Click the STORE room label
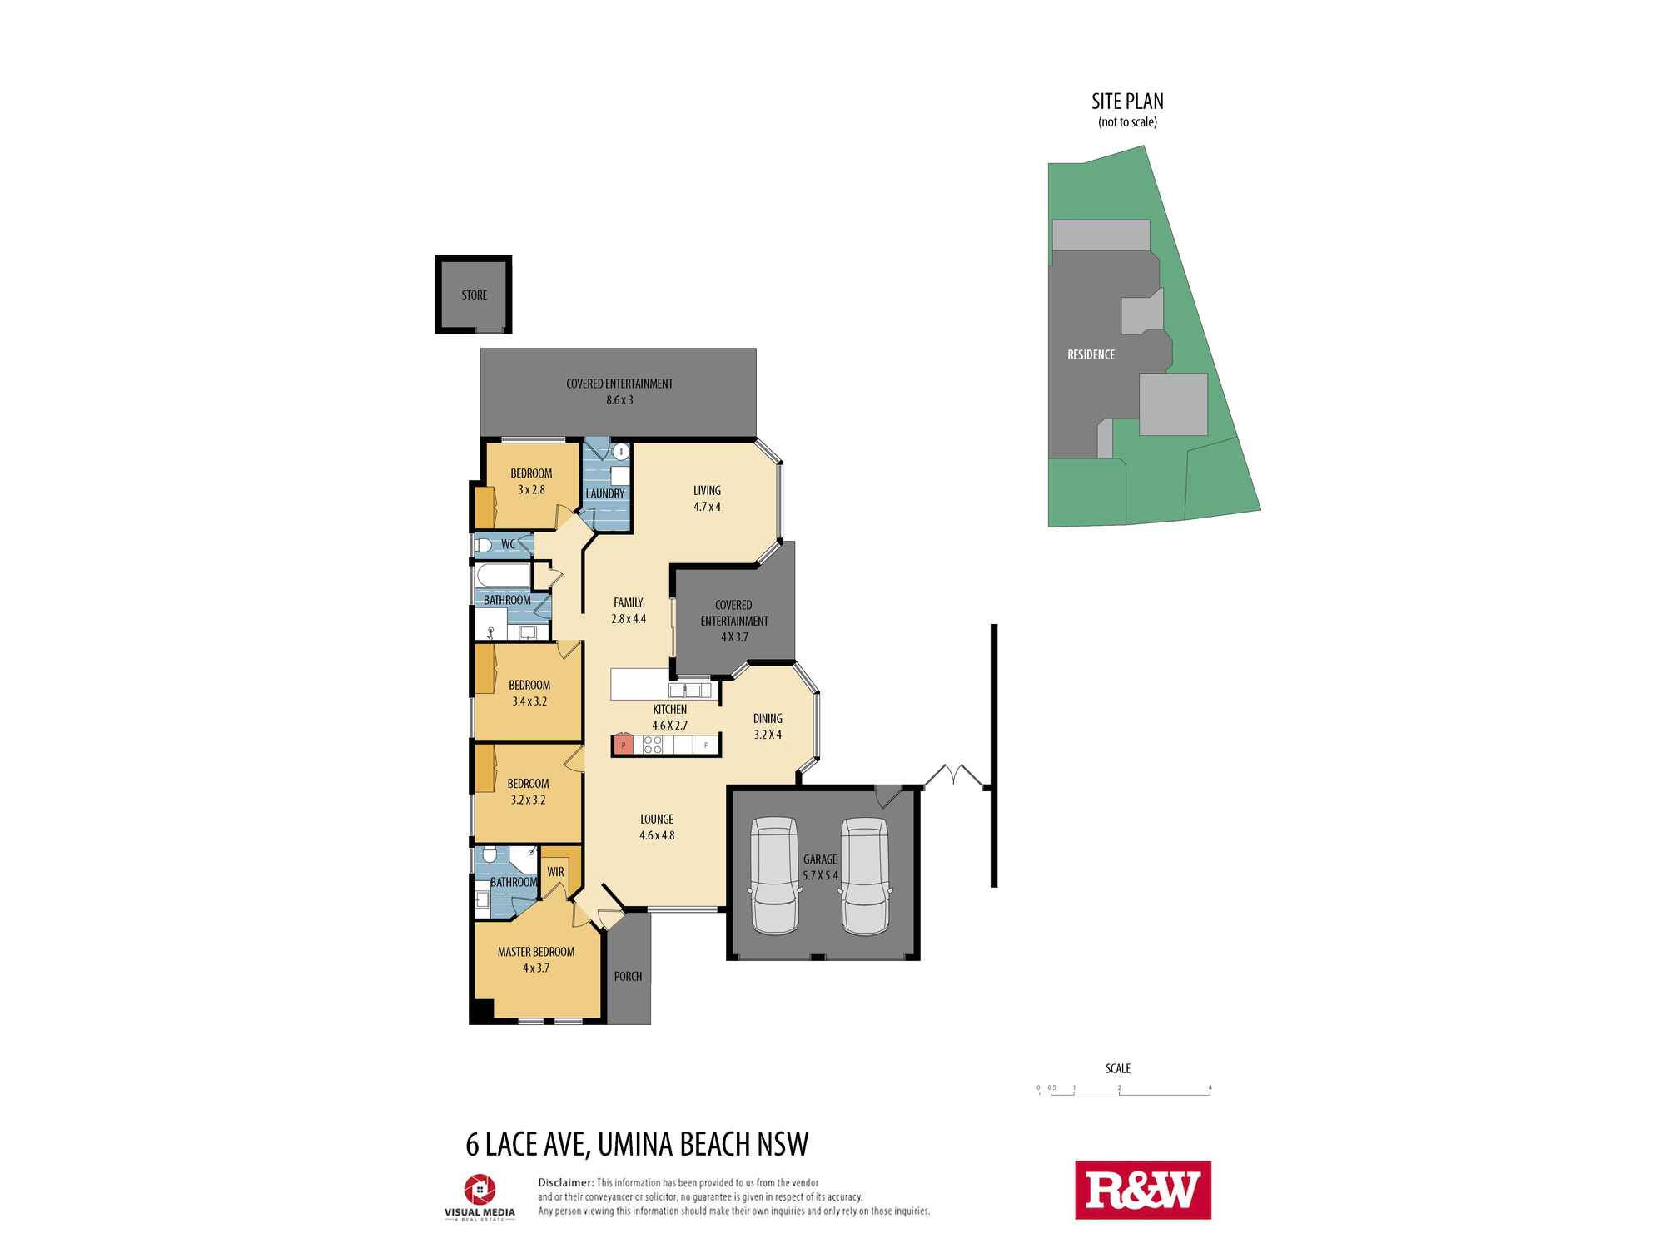(x=475, y=295)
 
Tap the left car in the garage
(x=776, y=875)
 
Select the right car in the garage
(x=865, y=875)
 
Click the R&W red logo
(x=1143, y=1191)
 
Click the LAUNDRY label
(x=605, y=493)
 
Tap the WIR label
(x=555, y=872)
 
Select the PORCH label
(x=629, y=976)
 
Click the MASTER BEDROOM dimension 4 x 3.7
(x=536, y=968)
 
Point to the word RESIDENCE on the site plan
(x=1091, y=354)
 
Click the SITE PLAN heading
(x=1128, y=102)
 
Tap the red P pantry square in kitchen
(x=622, y=745)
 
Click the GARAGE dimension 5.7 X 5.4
(x=820, y=875)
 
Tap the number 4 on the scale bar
(x=1210, y=1087)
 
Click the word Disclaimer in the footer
(x=566, y=1182)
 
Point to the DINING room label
(x=768, y=718)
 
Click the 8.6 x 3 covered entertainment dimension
(x=619, y=399)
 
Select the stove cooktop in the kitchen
(x=654, y=745)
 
